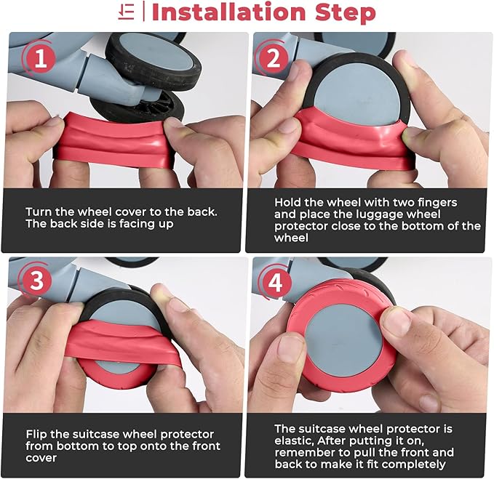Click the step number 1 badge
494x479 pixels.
tap(41, 58)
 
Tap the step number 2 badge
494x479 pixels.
tap(273, 59)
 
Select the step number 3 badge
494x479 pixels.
tap(37, 281)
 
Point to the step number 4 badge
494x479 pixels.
tap(275, 282)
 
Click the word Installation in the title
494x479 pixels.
tap(228, 12)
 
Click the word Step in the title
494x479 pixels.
tap(346, 13)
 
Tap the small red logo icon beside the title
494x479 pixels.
tap(127, 12)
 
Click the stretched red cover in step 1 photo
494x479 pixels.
tap(114, 138)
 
